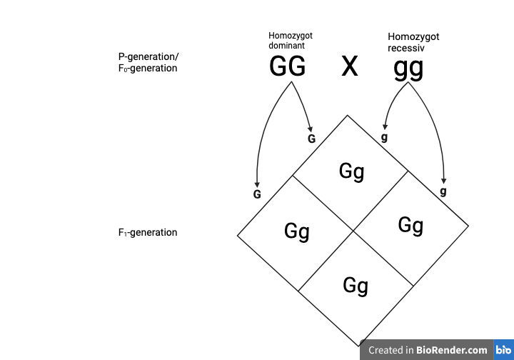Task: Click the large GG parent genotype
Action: pyautogui.click(x=287, y=66)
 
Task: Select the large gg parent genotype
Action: pyautogui.click(x=408, y=68)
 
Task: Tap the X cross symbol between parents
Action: pyautogui.click(x=349, y=66)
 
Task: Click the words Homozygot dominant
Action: pyautogui.click(x=291, y=40)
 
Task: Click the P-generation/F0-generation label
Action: pyautogui.click(x=148, y=62)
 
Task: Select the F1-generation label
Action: pyautogui.click(x=148, y=232)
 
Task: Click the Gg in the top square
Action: pyautogui.click(x=351, y=171)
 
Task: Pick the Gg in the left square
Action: pyautogui.click(x=296, y=231)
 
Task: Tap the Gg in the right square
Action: pyautogui.click(x=410, y=226)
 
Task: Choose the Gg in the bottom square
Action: pyautogui.click(x=355, y=286)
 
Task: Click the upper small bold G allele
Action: pyautogui.click(x=311, y=139)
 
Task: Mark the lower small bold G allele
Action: pyautogui.click(x=257, y=194)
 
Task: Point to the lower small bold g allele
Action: pyautogui.click(x=443, y=191)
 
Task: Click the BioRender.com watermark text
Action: pyautogui.click(x=428, y=350)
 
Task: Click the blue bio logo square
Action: pyautogui.click(x=503, y=350)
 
